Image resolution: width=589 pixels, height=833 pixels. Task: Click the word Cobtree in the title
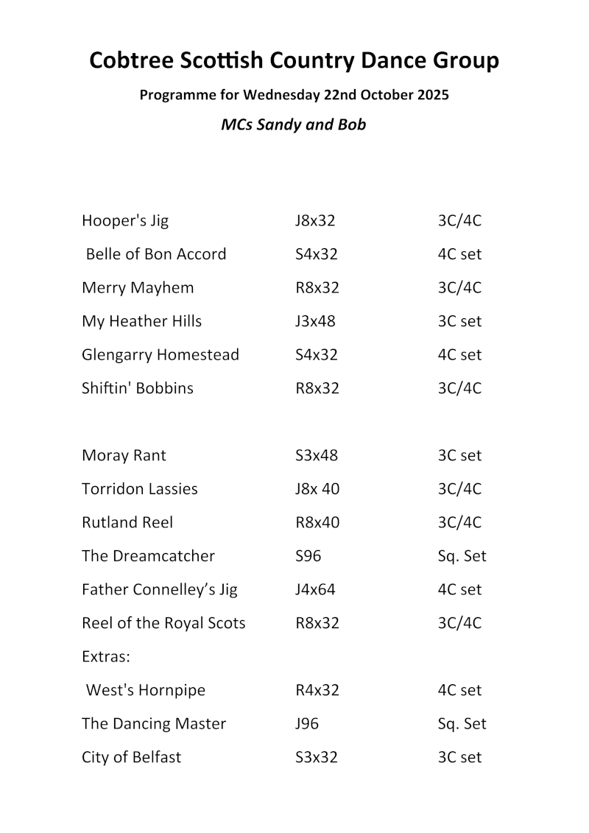pos(131,60)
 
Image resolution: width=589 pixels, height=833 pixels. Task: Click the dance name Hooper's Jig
pos(125,221)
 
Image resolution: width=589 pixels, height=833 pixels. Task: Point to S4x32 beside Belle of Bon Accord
pos(317,254)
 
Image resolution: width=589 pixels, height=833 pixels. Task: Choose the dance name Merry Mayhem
pos(138,288)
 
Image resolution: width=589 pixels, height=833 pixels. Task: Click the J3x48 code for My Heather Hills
pos(315,321)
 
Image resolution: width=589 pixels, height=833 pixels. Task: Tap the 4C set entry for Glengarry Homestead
pos(459,355)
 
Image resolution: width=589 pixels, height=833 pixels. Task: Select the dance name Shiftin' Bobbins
pos(138,388)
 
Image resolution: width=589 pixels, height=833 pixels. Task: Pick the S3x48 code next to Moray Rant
pos(317,455)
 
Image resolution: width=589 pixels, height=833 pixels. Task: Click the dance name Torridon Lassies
pos(140,489)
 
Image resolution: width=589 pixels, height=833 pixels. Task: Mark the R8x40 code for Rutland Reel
pos(317,522)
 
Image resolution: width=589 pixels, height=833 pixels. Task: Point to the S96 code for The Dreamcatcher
pos(308,556)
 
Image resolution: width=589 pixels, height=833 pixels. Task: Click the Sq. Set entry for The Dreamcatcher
pos(462,556)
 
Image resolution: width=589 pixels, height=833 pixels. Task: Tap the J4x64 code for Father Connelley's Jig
pos(315,589)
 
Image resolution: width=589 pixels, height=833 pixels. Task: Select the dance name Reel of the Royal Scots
pos(163,623)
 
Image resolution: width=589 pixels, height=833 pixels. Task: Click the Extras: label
pos(106,656)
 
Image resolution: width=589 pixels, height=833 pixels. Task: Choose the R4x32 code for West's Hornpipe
pos(317,690)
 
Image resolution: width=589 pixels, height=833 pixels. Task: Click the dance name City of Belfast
pos(131,757)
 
